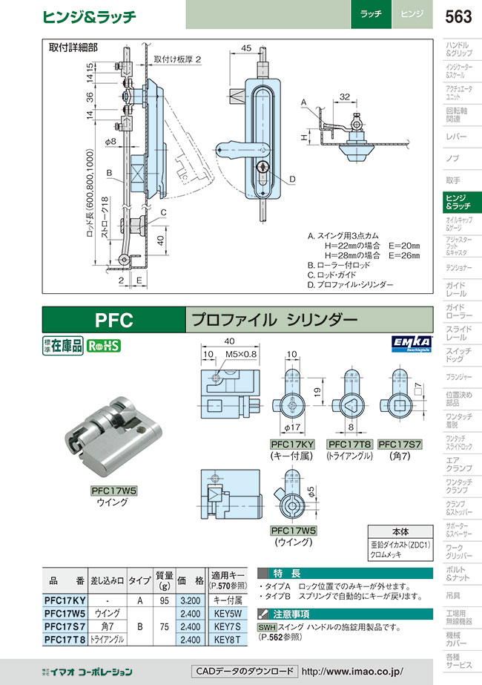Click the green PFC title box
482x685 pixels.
tap(113, 320)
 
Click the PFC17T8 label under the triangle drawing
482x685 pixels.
tap(349, 445)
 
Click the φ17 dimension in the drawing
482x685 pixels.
tap(292, 428)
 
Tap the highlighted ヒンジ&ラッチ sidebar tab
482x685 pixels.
tap(460, 201)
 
